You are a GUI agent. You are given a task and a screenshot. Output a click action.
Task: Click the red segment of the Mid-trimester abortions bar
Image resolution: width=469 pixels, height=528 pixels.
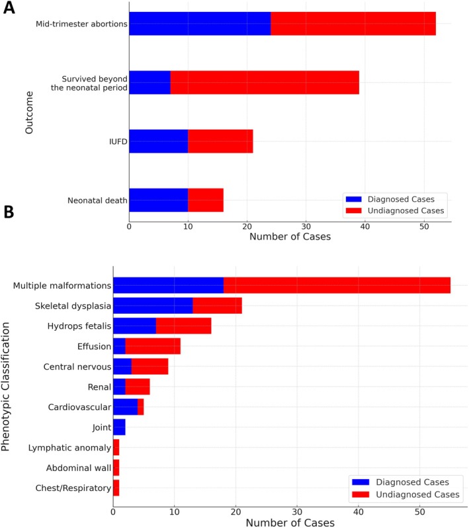(353, 24)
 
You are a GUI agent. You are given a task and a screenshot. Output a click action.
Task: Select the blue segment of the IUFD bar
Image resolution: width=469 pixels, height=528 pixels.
(159, 141)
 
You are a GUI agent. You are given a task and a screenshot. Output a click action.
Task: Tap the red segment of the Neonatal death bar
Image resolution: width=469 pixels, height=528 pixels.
(206, 200)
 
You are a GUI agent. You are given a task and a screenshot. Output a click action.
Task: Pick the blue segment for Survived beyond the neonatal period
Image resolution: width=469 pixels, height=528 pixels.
(149, 83)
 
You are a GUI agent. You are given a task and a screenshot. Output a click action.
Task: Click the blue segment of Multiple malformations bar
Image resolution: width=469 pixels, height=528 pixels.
(168, 285)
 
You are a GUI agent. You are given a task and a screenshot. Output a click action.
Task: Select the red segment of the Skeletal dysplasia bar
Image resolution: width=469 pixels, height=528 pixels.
(218, 306)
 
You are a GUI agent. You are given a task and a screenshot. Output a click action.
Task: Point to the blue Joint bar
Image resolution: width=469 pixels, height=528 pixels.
(120, 427)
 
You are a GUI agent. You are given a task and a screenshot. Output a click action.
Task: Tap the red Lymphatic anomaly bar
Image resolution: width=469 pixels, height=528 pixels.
(116, 447)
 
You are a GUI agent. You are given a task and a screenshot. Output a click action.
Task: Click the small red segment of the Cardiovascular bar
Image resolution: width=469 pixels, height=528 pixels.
(141, 407)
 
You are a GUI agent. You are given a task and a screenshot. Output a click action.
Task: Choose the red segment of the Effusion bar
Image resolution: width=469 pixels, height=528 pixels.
(153, 346)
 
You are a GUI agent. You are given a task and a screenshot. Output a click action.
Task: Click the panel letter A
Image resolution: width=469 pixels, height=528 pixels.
(9, 7)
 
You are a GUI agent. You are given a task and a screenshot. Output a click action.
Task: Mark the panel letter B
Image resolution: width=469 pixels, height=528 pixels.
(9, 212)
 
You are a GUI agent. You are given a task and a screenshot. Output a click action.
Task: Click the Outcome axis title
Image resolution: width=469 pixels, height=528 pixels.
(29, 112)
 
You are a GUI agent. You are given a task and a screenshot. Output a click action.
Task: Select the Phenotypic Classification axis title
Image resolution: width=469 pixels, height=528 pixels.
(5, 386)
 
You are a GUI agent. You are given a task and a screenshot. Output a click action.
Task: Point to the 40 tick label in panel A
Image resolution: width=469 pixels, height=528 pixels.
(365, 226)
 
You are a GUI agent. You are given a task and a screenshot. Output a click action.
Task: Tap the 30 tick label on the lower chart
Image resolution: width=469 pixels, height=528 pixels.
(297, 512)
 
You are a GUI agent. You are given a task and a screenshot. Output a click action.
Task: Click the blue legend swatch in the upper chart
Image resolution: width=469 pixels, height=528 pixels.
(353, 199)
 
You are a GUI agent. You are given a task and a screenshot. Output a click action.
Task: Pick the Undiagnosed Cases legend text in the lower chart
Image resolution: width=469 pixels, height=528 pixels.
(417, 494)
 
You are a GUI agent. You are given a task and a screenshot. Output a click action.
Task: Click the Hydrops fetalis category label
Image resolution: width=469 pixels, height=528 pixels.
(79, 326)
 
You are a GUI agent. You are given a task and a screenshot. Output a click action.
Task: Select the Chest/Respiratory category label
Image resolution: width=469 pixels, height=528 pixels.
(73, 488)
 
